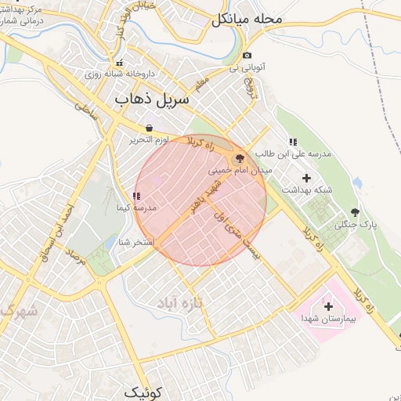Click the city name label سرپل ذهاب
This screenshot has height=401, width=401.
click(x=151, y=99)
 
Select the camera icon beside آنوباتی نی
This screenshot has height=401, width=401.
click(x=247, y=56)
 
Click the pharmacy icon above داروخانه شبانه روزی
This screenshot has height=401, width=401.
click(x=119, y=63)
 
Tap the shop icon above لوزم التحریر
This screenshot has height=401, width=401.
click(x=149, y=128)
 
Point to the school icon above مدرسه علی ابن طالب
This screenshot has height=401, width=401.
click(x=292, y=142)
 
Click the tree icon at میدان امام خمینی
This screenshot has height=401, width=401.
click(x=240, y=157)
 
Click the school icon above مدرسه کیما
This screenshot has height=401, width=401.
click(x=136, y=196)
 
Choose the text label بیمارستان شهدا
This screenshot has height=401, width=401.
click(x=329, y=319)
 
